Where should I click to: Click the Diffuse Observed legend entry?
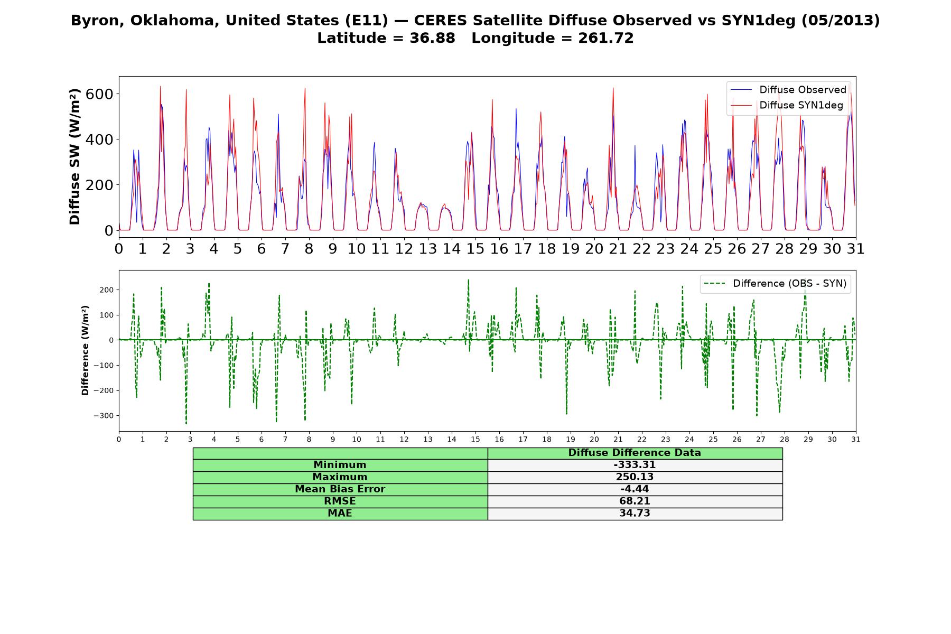click(788, 90)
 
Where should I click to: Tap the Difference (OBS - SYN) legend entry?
click(775, 284)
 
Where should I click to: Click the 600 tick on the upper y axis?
click(101, 94)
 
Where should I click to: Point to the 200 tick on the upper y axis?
click(101, 185)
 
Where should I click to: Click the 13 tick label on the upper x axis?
click(427, 249)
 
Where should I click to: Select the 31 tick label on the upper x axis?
click(855, 249)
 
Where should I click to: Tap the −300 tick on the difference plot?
click(104, 416)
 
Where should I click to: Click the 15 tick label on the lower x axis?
click(475, 439)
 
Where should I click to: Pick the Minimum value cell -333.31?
click(635, 465)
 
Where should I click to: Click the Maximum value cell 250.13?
click(635, 477)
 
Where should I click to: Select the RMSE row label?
click(340, 501)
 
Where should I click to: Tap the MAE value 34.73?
click(635, 514)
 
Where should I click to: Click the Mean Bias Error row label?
click(340, 489)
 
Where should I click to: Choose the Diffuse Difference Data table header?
click(635, 453)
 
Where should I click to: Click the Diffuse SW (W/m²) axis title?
click(75, 157)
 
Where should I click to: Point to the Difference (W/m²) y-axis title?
click(85, 351)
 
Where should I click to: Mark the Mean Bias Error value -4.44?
click(635, 489)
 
